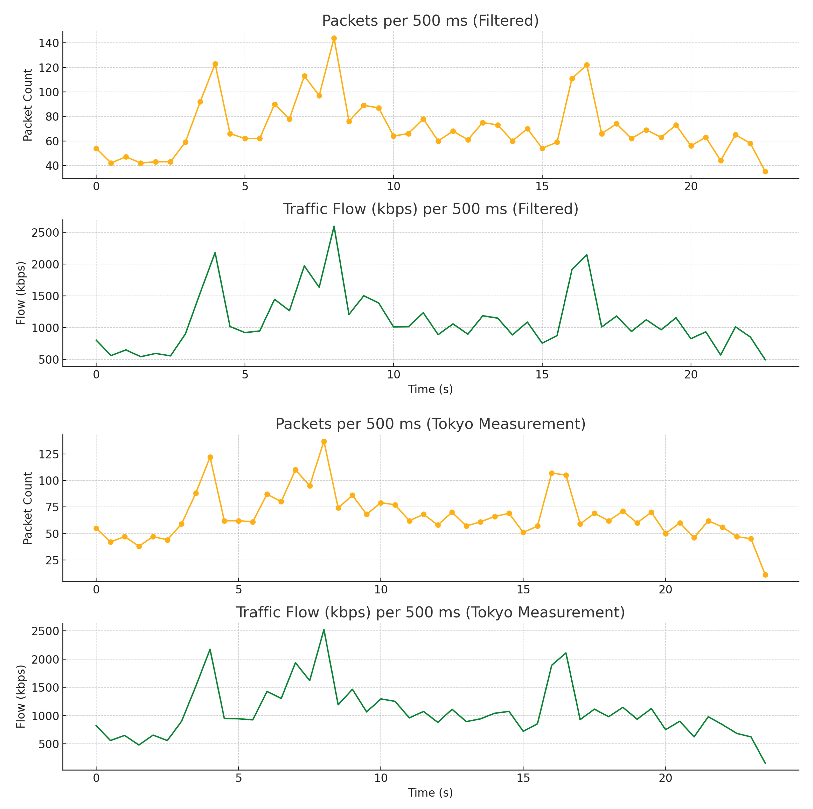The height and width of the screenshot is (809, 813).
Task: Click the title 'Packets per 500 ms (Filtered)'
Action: click(430, 21)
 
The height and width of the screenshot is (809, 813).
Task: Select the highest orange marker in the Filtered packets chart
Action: click(334, 38)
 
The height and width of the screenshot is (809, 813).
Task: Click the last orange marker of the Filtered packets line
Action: click(765, 172)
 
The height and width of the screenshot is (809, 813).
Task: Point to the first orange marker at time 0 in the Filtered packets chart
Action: click(96, 149)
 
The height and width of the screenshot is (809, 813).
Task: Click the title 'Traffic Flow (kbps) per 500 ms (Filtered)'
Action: click(430, 209)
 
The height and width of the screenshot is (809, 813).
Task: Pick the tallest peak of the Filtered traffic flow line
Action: click(334, 226)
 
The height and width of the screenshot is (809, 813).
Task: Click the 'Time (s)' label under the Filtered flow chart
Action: click(430, 389)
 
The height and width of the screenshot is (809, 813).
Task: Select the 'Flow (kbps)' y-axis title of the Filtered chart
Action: click(21, 293)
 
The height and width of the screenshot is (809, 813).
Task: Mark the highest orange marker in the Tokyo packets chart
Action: click(324, 442)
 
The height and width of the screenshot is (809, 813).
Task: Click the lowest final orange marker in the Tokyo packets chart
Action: click(765, 575)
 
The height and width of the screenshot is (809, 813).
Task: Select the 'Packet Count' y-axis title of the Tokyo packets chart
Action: click(28, 508)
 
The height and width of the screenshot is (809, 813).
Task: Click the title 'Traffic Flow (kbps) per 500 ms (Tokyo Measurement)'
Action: click(430, 612)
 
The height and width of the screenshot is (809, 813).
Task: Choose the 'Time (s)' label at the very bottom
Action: click(430, 793)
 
